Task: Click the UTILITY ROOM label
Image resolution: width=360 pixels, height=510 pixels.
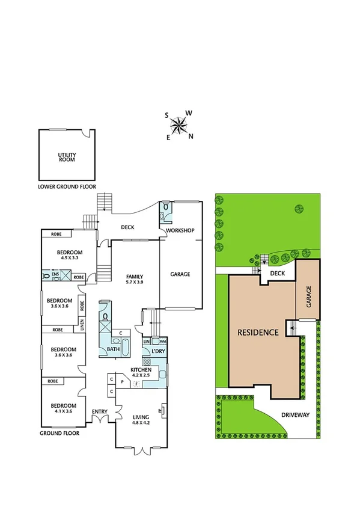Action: click(67, 158)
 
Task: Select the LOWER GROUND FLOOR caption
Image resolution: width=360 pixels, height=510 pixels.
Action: click(67, 186)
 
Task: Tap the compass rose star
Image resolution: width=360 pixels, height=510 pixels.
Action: click(178, 126)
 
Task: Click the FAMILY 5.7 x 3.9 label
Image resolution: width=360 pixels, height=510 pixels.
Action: click(134, 280)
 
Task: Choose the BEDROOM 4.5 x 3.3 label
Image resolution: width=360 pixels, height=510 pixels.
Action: click(69, 254)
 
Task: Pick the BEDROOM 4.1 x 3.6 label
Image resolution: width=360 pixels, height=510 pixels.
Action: click(64, 408)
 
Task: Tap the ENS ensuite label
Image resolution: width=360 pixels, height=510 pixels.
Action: click(55, 274)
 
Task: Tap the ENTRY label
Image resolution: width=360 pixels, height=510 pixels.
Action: click(99, 411)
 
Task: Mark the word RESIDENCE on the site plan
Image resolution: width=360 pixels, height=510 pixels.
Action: click(257, 332)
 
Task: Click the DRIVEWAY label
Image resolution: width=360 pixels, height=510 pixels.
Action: click(295, 415)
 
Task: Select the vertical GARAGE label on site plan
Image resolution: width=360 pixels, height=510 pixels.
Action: click(309, 297)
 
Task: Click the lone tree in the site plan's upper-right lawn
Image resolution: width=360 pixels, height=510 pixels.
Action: click(298, 209)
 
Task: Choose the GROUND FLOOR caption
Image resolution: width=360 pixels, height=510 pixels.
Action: click(59, 432)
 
